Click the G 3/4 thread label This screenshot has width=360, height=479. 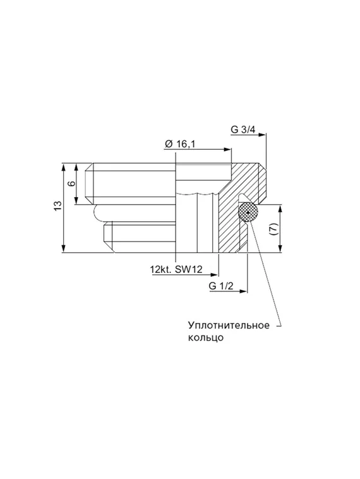[243, 130]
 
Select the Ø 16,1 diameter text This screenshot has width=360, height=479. [180, 144]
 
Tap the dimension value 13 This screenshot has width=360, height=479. [57, 207]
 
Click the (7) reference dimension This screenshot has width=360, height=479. [273, 229]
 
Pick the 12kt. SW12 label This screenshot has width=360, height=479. [176, 270]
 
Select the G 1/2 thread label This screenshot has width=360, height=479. [222, 286]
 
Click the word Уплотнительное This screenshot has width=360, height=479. [229, 325]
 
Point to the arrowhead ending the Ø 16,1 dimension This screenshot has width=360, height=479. [229, 150]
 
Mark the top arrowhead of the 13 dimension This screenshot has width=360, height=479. [64, 166]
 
